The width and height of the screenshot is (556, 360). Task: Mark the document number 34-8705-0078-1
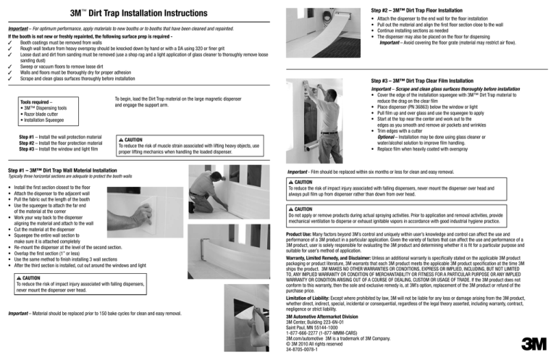pyautogui.click(x=307, y=352)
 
